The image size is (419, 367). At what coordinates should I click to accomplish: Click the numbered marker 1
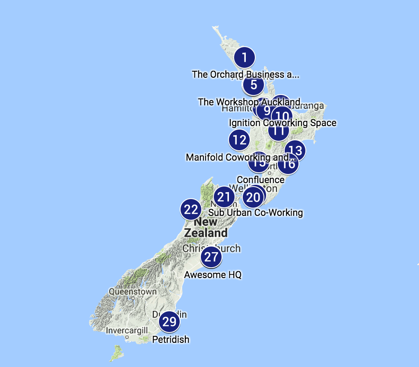[244, 57]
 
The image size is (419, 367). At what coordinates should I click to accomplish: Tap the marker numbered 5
[254, 85]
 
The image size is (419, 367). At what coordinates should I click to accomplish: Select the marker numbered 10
[282, 116]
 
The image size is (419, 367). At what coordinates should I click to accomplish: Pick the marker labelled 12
[239, 140]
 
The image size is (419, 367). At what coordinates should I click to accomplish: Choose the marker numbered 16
[288, 164]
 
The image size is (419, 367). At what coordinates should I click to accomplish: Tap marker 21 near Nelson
[224, 197]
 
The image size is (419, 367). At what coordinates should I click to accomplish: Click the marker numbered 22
[190, 210]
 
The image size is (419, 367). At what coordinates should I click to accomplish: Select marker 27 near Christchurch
[211, 257]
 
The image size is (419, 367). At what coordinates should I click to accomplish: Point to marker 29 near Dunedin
[169, 322]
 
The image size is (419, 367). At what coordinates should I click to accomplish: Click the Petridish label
[171, 340]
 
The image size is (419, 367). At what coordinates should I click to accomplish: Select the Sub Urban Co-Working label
[255, 212]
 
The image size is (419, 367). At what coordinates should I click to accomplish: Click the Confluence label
[260, 180]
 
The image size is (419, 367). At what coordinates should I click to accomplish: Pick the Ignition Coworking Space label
[283, 123]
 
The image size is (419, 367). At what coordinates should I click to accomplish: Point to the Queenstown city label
[133, 292]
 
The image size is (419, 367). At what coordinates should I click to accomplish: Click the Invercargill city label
[127, 331]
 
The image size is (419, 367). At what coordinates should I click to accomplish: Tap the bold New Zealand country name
[206, 228]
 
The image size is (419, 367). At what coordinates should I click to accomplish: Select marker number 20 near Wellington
[253, 197]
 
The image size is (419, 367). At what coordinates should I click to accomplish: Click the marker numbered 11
[278, 130]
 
